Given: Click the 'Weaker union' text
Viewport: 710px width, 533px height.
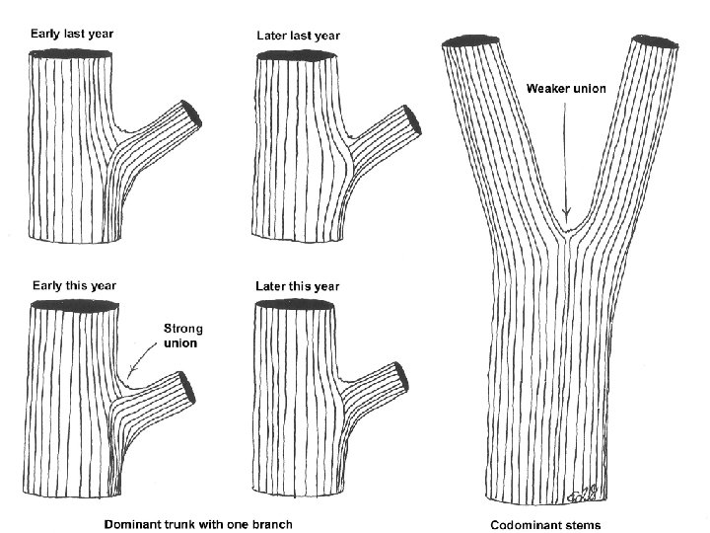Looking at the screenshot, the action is coord(565,89).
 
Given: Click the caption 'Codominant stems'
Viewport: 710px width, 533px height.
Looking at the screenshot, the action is coord(545,523).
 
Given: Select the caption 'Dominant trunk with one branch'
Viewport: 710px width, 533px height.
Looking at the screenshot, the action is coord(198,522).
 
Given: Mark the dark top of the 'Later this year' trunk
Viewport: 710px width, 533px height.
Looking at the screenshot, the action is coord(294,305).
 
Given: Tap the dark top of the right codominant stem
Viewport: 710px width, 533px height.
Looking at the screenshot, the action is coord(654,45).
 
